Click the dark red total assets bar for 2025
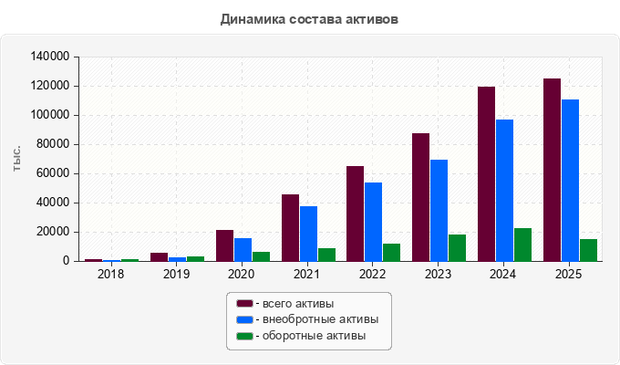coord(552,170)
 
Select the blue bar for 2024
coord(504,191)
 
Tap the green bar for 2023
coord(457,248)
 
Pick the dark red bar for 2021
coord(290,227)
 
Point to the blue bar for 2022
coord(373,222)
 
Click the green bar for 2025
coord(588,250)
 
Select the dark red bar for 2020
coord(224,245)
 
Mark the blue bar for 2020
coord(243,250)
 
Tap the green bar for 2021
coord(326,255)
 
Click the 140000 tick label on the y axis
coord(50,57)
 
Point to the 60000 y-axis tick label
coord(53,173)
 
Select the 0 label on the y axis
coord(66,261)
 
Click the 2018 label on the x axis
coord(110,274)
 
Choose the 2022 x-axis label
coord(373,274)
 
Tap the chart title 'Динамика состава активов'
coord(309,19)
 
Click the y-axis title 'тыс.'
coord(16,159)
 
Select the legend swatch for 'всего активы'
coord(244,304)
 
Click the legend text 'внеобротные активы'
coord(321,319)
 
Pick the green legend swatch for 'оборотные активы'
coord(244,336)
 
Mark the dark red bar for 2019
coord(159,257)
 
